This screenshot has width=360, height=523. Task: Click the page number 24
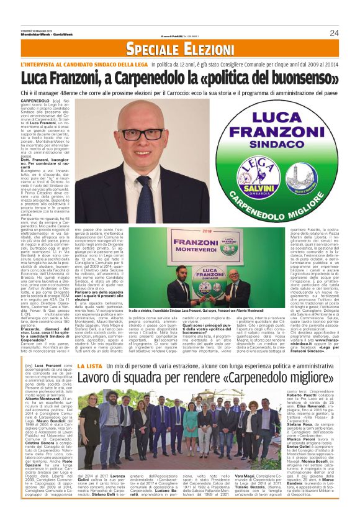[333, 33]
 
